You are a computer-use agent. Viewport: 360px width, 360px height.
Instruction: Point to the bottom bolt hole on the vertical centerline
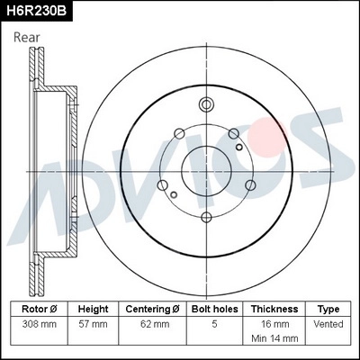(x=206, y=217)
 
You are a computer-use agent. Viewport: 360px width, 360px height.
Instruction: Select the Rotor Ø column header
(x=40, y=309)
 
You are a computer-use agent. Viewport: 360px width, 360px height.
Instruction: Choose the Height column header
(x=94, y=309)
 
